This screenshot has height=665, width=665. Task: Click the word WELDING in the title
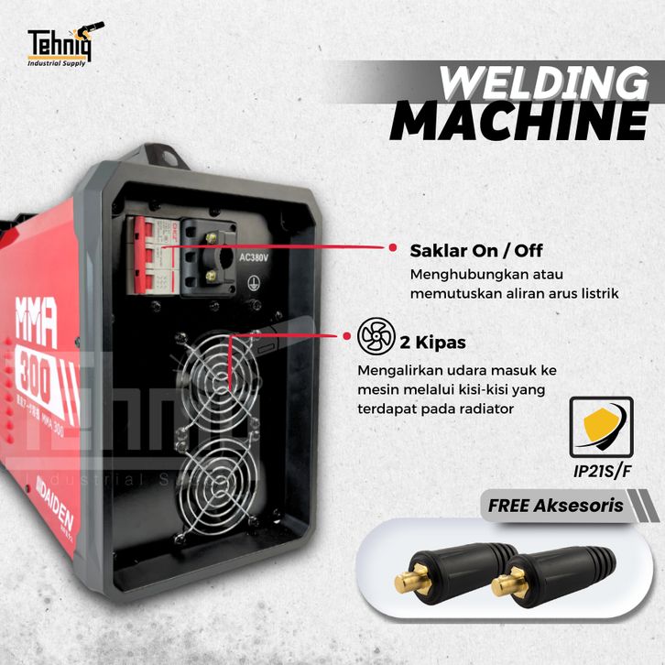pyautogui.click(x=539, y=85)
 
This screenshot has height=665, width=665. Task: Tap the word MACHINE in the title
pyautogui.click(x=519, y=123)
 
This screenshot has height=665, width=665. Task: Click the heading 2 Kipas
pyautogui.click(x=432, y=343)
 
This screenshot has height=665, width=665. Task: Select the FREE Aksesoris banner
pyautogui.click(x=555, y=505)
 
